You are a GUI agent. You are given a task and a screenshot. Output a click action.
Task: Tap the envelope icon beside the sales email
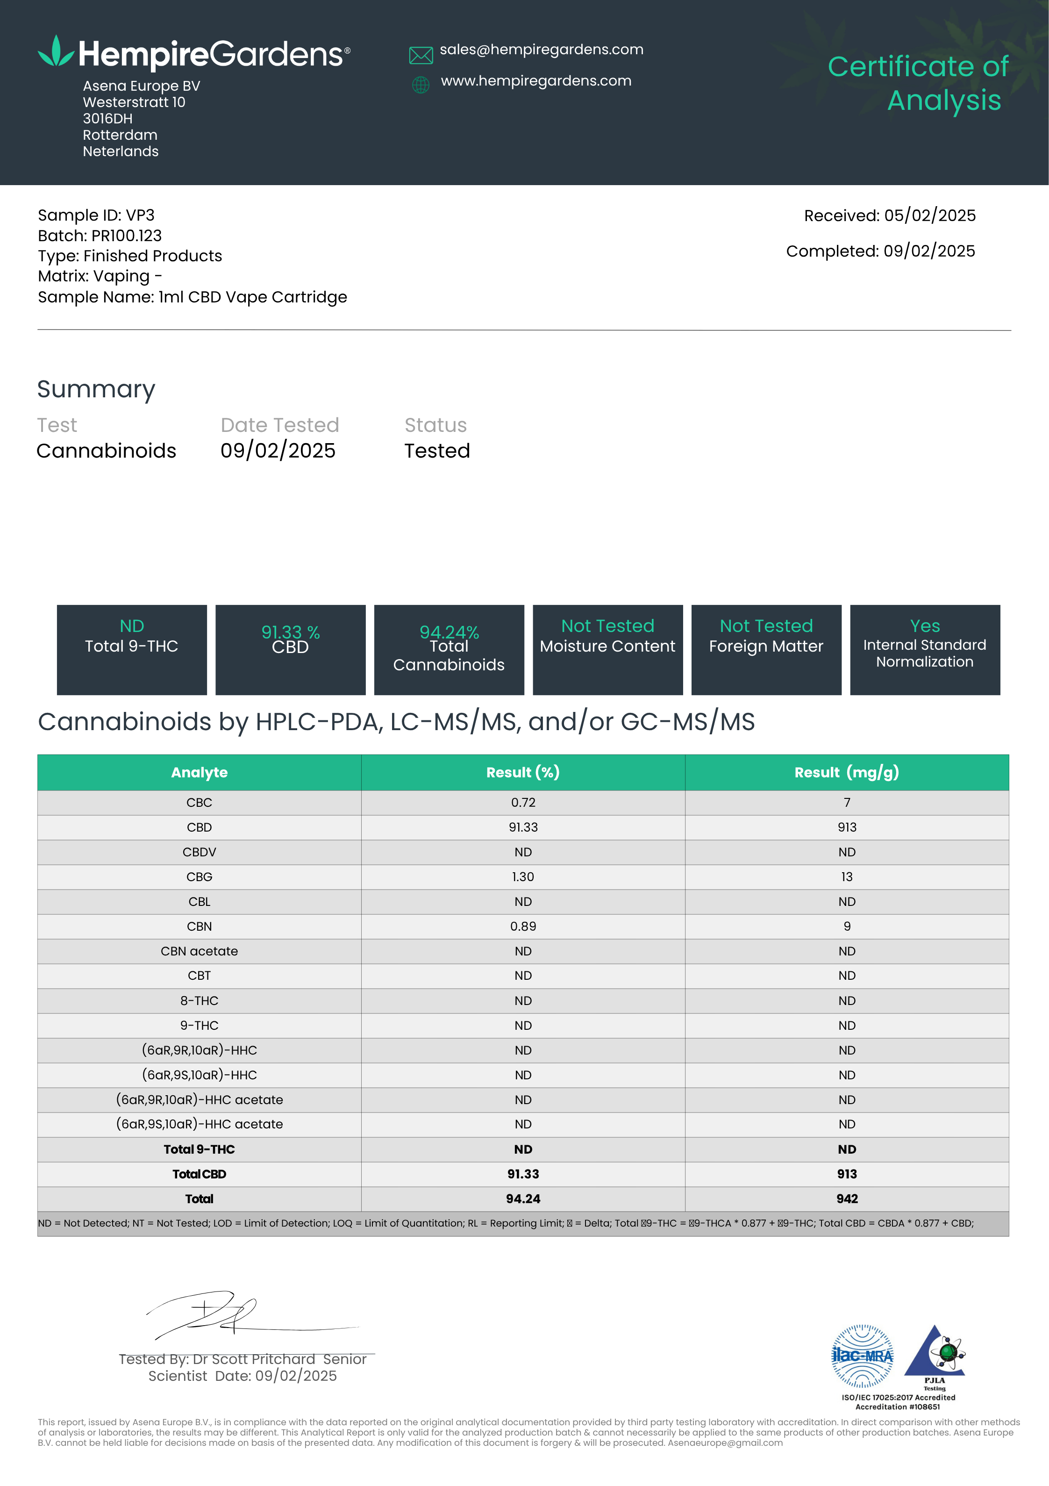[x=421, y=56]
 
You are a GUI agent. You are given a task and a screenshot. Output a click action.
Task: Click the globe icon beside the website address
[x=421, y=85]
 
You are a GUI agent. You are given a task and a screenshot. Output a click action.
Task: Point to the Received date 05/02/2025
[x=929, y=215]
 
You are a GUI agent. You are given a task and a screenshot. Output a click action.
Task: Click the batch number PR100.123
[x=126, y=236]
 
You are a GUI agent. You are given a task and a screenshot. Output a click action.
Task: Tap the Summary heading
[x=96, y=389]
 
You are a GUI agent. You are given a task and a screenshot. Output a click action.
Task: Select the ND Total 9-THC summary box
[x=132, y=649]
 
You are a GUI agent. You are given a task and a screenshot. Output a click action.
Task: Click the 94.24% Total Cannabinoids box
[x=449, y=649]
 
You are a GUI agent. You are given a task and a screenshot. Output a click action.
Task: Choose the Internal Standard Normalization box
[x=925, y=649]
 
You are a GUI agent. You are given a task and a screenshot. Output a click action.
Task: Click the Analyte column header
[x=200, y=772]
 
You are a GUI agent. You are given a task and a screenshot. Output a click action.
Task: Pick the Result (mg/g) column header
[x=847, y=772]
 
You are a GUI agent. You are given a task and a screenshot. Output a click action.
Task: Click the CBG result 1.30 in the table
[x=523, y=877]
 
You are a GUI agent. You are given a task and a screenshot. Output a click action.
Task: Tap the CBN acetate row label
[x=200, y=951]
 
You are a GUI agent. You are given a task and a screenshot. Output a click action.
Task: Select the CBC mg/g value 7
[x=847, y=803]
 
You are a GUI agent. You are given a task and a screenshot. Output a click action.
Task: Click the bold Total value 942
[x=847, y=1199]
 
